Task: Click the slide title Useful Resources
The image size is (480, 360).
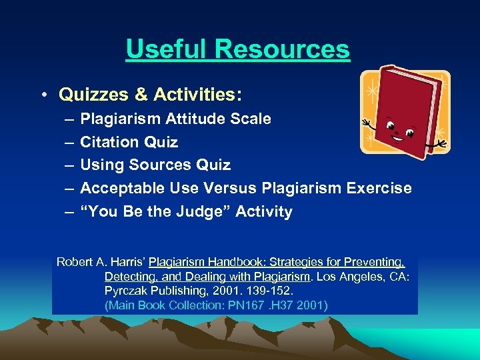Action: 237,49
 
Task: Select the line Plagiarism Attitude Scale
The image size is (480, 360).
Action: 175,119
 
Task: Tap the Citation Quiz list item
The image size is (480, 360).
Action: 129,142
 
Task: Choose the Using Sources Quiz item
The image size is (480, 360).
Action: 155,165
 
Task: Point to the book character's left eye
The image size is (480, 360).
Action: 391,126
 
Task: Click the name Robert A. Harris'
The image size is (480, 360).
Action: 101,262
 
